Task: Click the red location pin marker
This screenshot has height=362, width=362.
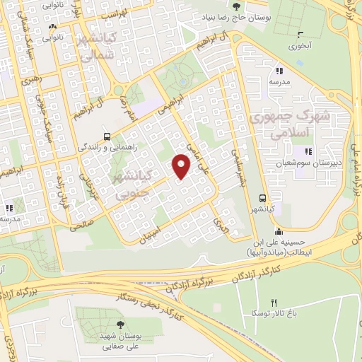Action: click(x=182, y=165)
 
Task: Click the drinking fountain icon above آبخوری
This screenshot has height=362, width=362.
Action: click(x=300, y=33)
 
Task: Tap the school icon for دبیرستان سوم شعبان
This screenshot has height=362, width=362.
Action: click(x=307, y=151)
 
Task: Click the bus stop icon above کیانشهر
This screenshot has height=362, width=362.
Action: click(x=262, y=199)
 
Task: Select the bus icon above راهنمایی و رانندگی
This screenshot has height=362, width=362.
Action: click(x=106, y=136)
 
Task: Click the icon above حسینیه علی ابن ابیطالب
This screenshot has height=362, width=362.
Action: click(x=279, y=230)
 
